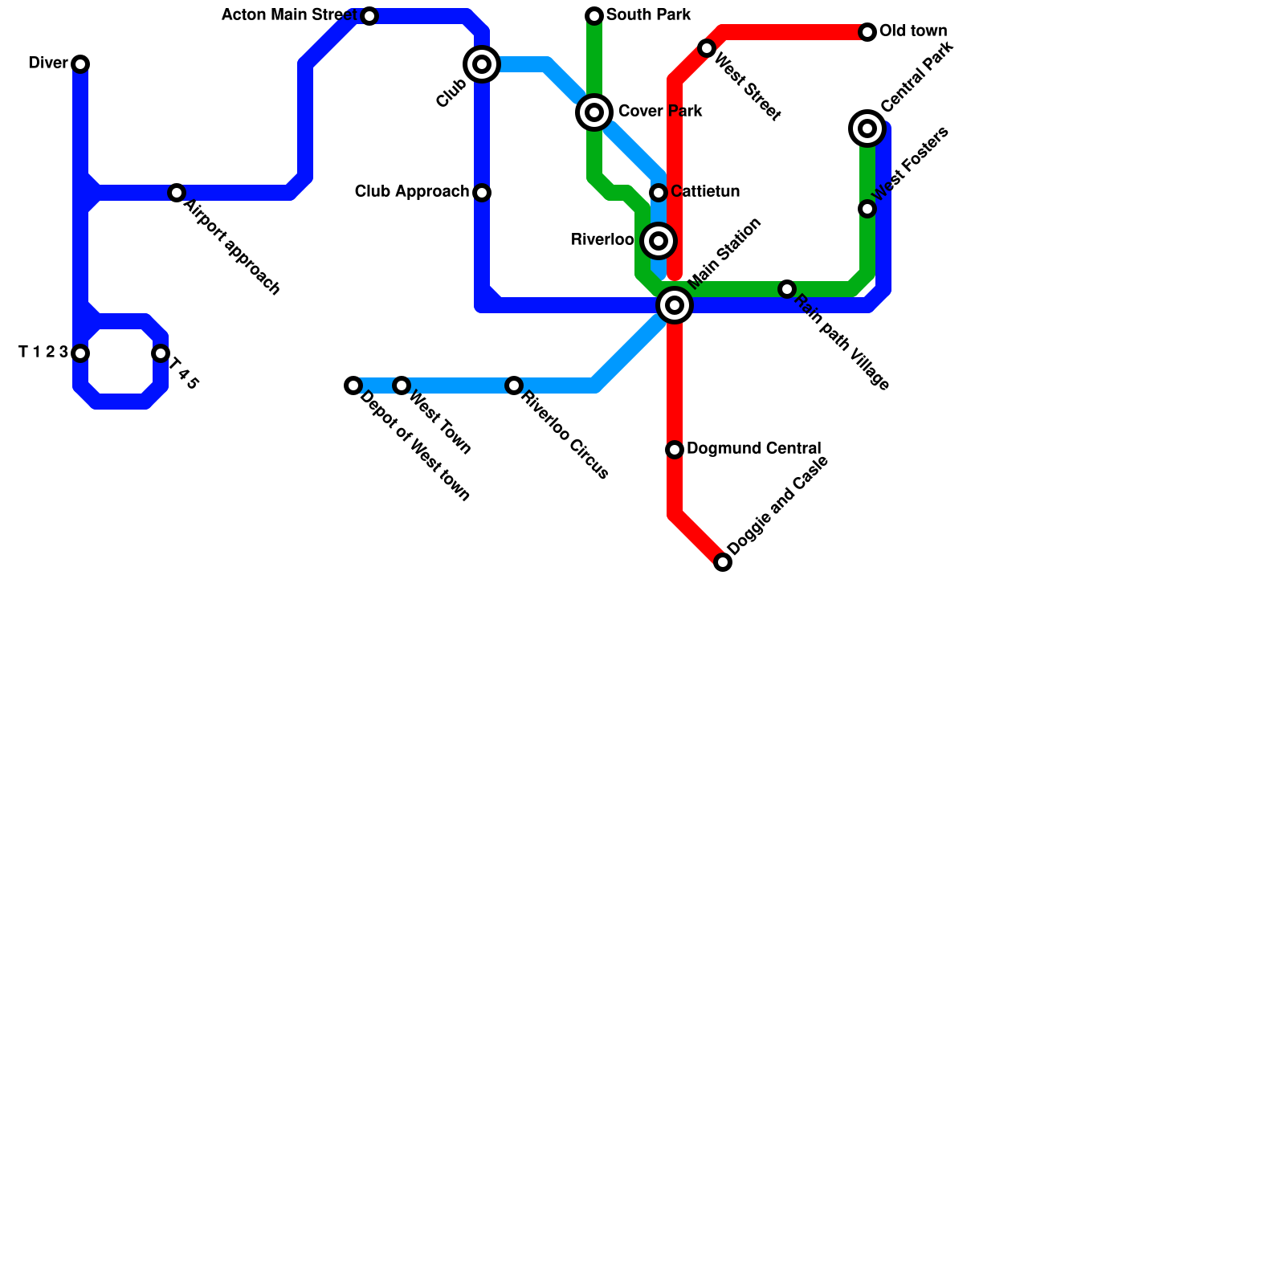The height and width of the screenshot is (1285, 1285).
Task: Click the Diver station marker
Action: (x=80, y=64)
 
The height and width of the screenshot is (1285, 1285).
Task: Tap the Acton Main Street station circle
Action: (x=369, y=16)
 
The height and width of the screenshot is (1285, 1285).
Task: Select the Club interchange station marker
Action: (x=482, y=64)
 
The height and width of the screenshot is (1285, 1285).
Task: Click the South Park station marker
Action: (x=594, y=16)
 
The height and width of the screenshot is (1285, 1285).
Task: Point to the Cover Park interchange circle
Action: (x=594, y=112)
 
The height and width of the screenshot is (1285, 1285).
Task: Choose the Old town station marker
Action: (x=867, y=32)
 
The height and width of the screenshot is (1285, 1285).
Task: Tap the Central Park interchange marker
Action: (x=867, y=128)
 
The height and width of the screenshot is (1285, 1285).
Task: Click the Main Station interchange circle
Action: (x=675, y=305)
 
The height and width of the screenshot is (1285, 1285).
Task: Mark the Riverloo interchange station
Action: (x=659, y=241)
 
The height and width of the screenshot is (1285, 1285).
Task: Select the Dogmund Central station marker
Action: (x=675, y=450)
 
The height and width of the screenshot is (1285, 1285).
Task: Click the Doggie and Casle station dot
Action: (x=723, y=562)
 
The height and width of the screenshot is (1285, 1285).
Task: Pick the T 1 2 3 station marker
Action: (x=80, y=353)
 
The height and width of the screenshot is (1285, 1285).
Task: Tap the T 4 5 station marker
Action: (x=161, y=353)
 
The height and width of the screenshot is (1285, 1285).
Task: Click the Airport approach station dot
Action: (x=177, y=193)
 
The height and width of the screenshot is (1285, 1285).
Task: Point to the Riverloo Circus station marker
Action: (x=514, y=385)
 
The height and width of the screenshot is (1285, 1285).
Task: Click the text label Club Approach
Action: (x=412, y=192)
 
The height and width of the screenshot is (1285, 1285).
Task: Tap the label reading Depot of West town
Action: (x=414, y=447)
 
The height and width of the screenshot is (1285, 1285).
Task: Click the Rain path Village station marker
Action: (x=787, y=289)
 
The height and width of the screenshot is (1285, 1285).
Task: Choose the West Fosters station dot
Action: (x=867, y=209)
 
